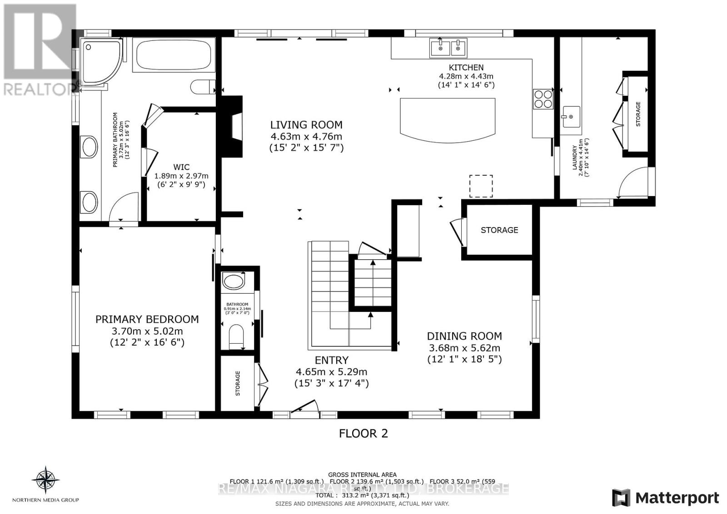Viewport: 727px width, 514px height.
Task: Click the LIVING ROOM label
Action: [306, 125]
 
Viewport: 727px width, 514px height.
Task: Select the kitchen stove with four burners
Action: [543, 99]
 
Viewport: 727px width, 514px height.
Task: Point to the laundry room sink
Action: [571, 117]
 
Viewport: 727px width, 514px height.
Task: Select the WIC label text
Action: [181, 167]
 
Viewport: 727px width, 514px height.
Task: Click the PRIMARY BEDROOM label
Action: [147, 319]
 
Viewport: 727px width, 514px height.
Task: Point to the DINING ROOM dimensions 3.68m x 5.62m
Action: [464, 348]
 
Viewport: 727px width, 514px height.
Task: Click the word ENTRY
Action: [332, 360]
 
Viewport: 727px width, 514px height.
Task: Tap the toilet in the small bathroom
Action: [236, 336]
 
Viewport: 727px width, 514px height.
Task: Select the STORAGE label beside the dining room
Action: [499, 230]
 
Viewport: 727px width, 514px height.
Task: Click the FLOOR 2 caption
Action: [363, 433]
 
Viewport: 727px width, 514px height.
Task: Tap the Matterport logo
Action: [665, 498]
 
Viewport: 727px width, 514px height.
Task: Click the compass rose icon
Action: [45, 479]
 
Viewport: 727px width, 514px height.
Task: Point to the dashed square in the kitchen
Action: [481, 186]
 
